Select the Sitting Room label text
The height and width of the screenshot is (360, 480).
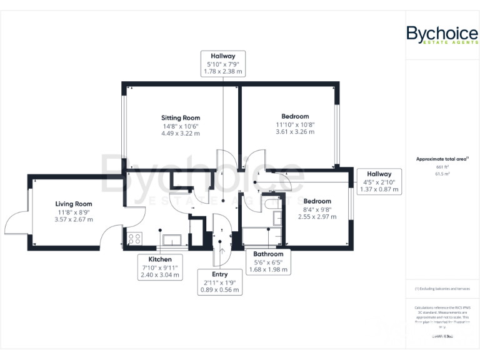pos(181,117)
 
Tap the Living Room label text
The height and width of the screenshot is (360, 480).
pos(74,204)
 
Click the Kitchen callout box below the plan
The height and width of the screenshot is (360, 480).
pos(160,267)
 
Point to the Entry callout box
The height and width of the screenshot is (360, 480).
pos(219,282)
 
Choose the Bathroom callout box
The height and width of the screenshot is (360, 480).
pos(268,262)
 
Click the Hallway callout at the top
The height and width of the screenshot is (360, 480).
pos(222,63)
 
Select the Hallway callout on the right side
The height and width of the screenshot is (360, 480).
pos(379,181)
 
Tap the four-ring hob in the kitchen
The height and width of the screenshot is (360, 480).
pos(134,237)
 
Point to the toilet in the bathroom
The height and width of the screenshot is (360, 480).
pos(273,204)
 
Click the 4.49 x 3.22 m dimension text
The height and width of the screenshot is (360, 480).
pos(181,133)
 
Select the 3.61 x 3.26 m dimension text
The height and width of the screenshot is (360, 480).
pos(295,132)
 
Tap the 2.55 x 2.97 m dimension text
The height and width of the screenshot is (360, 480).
pos(317,217)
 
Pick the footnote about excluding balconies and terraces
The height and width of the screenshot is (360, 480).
pos(442,289)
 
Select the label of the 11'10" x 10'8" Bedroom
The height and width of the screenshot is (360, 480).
pos(295,116)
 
